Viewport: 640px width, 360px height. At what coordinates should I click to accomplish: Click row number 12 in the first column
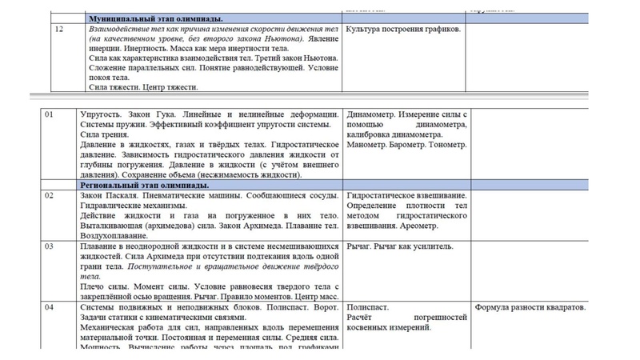(58, 29)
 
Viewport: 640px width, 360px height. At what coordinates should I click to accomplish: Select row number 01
(50, 115)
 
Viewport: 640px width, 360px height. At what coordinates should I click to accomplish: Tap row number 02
(50, 195)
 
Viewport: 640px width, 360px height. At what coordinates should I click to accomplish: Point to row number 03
(50, 246)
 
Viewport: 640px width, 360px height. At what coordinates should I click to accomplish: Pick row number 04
(50, 307)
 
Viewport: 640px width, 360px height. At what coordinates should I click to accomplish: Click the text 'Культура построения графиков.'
(403, 29)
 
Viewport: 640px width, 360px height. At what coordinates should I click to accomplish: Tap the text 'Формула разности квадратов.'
(530, 307)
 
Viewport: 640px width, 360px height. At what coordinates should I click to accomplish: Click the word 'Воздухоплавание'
(118, 236)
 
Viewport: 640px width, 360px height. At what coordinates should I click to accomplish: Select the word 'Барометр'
(409, 145)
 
